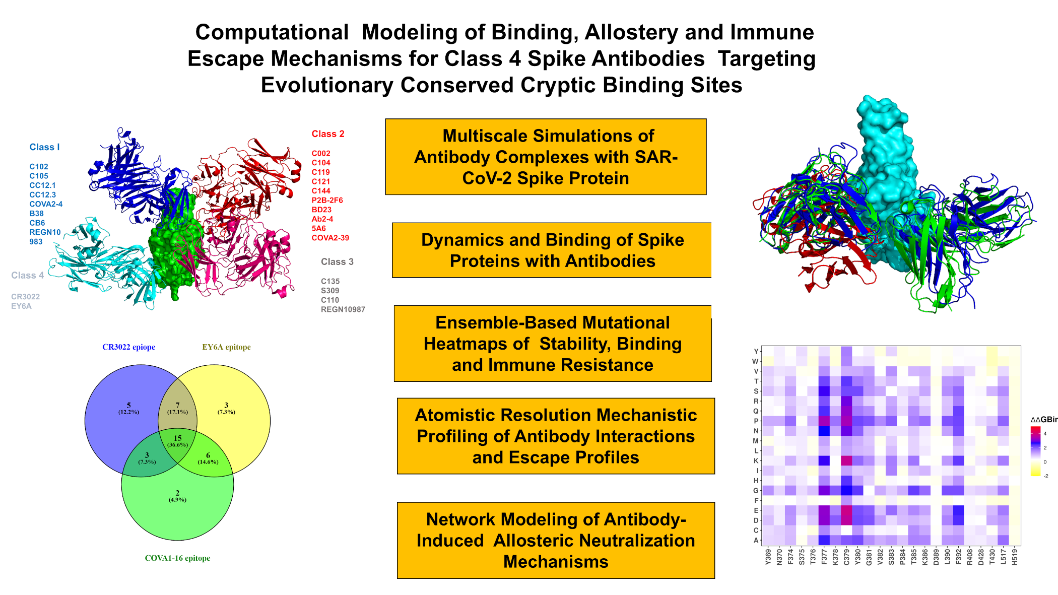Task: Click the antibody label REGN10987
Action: (343, 309)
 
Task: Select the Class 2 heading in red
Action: (328, 134)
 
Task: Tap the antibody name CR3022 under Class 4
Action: (25, 297)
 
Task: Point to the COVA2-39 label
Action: (330, 238)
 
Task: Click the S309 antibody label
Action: (330, 291)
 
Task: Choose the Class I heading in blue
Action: (44, 147)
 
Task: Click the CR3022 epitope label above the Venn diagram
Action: (128, 347)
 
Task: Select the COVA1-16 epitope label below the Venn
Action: (177, 558)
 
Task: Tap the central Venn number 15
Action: (177, 438)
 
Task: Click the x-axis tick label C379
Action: (846, 557)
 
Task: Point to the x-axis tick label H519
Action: (1015, 557)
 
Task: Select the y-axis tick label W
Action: (755, 361)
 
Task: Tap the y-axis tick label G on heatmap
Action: (755, 491)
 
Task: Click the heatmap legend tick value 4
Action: (1045, 433)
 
